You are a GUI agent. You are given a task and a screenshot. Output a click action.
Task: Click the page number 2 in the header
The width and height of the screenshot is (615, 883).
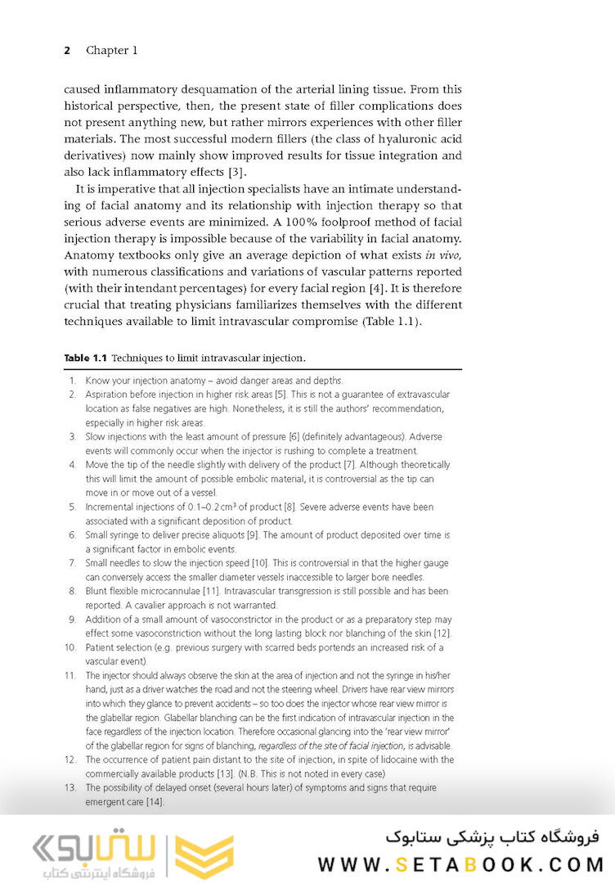point(67,51)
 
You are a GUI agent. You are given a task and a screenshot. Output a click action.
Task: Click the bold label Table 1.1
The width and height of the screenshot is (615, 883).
point(85,358)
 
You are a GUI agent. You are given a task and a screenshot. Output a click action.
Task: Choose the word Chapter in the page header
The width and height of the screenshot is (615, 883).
point(112,51)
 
